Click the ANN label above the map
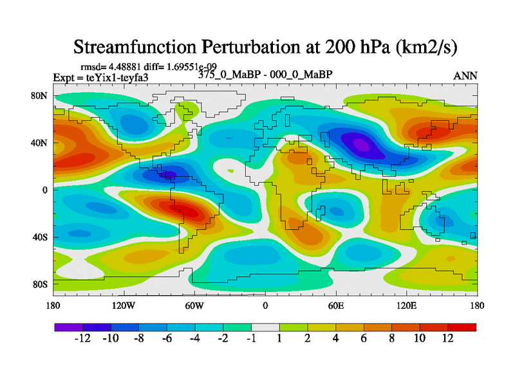click(x=465, y=76)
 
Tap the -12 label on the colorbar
click(x=82, y=339)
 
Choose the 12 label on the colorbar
click(x=448, y=339)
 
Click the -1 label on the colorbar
click(x=251, y=339)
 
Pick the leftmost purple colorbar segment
click(x=68, y=327)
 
